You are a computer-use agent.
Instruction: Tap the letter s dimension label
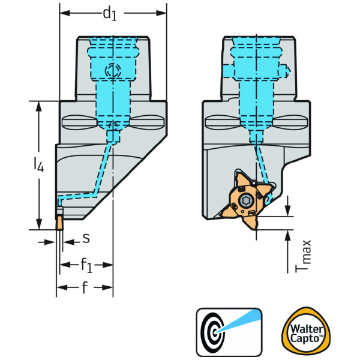point(86,239)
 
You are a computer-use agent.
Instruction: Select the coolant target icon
point(229,330)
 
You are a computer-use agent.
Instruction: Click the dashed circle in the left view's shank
point(112,71)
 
